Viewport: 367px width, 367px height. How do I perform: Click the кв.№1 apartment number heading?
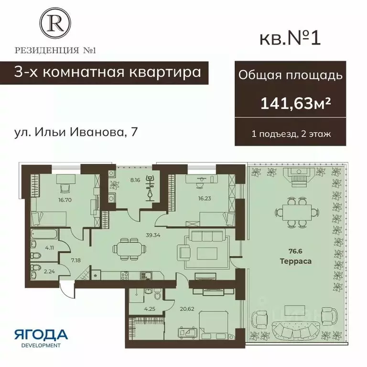[289, 38]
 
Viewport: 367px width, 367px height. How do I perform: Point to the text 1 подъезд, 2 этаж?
[291, 134]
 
